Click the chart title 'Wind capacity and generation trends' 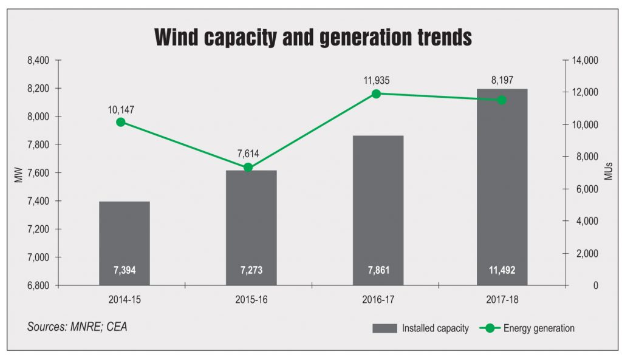point(313,38)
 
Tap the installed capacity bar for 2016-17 point(377,206)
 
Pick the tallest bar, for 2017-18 point(502,182)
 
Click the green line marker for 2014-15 point(120,122)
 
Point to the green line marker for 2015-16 point(248,167)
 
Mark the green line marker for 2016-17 point(376,93)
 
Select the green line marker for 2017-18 point(502,100)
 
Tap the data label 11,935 point(376,81)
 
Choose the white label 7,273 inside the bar point(251,271)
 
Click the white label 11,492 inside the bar point(502,271)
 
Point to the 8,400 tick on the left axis point(38,60)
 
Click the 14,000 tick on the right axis point(586,60)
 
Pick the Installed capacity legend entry point(420,328)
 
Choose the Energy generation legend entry point(527,328)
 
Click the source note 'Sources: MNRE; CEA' point(77,327)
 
